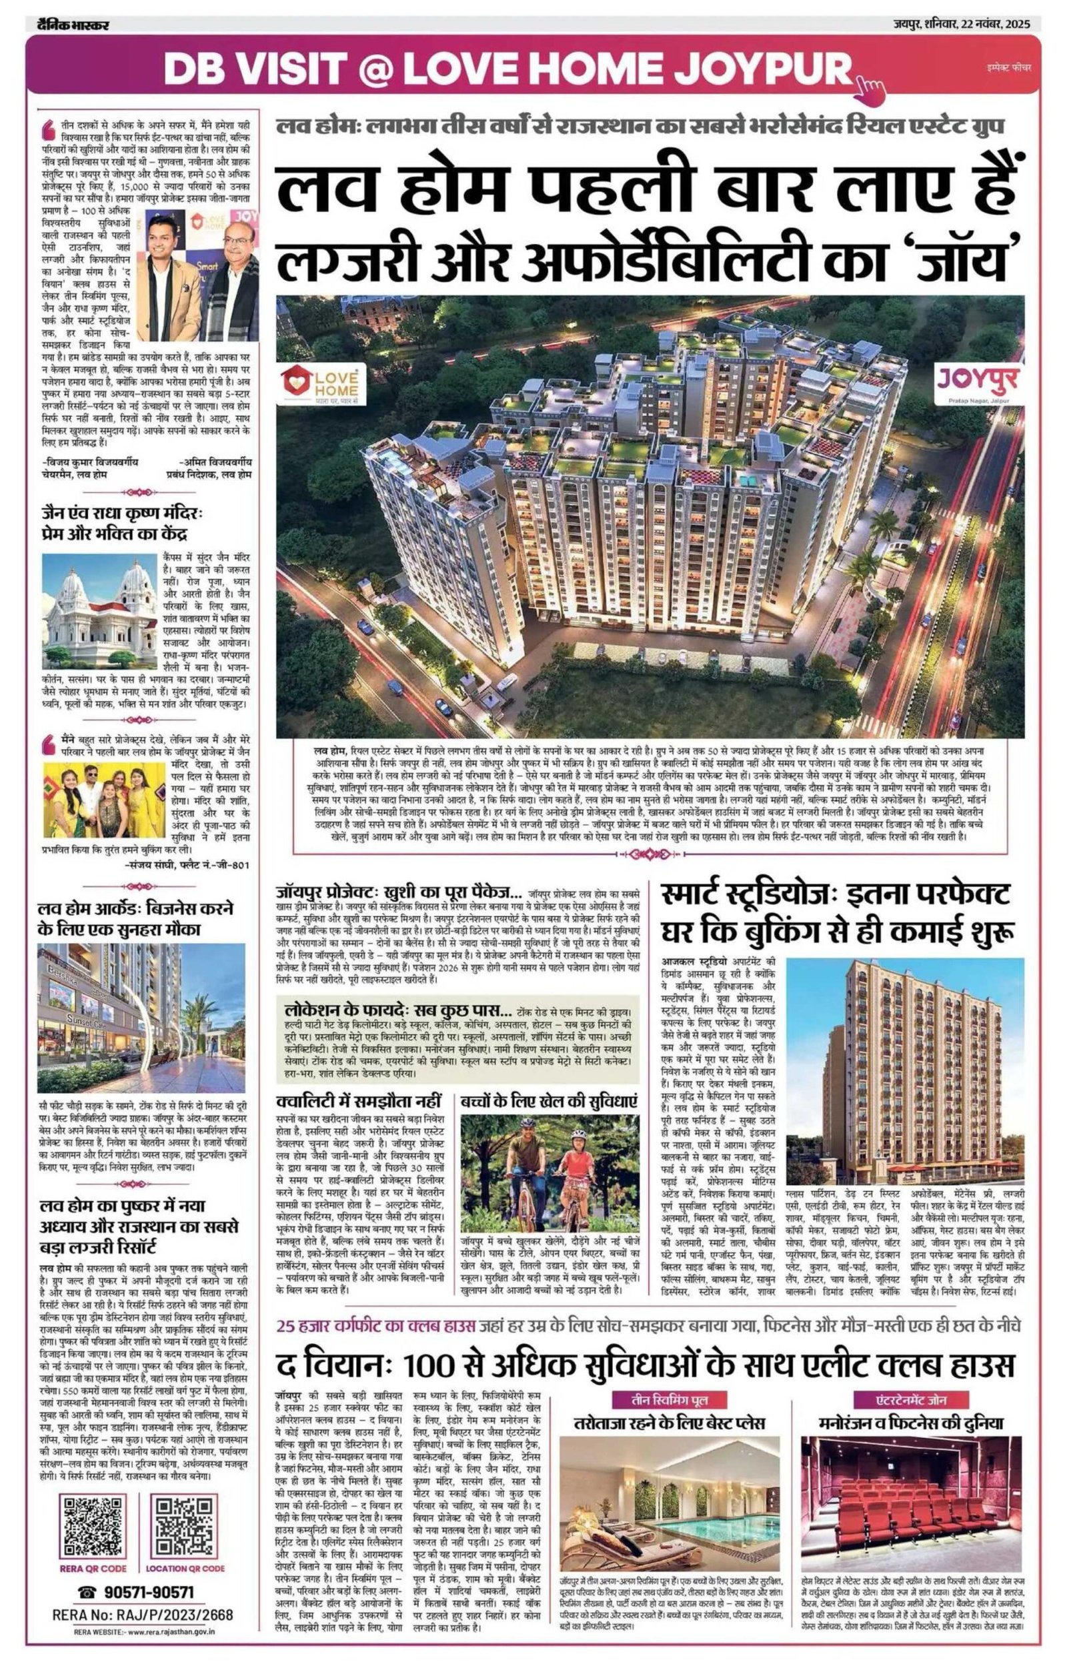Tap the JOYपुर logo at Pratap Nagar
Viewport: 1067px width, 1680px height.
977,383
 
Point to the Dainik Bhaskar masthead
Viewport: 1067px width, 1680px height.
73,26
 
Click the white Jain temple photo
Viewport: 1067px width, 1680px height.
99,610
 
